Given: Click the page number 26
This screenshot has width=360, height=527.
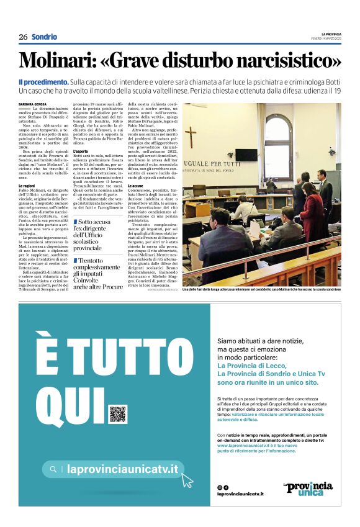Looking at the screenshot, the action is point(23,37).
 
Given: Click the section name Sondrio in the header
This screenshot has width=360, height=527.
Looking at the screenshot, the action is point(44,37).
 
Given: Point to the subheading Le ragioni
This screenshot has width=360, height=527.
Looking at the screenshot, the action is point(27,186).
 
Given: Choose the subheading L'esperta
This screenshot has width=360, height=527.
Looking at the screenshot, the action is point(81,151).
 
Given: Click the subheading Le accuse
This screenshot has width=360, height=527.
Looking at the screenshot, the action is point(135,186).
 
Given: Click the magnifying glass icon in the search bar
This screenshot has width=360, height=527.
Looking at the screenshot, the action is point(54,470).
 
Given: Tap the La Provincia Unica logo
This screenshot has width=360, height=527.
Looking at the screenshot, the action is point(307,489).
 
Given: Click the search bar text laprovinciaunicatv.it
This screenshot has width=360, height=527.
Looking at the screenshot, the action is point(122,470).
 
